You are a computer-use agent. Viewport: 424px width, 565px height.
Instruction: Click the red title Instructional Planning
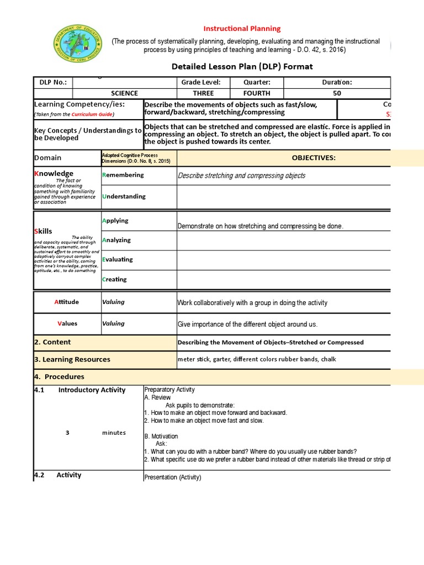(242, 29)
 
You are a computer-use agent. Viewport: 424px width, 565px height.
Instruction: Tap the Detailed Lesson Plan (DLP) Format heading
(242, 67)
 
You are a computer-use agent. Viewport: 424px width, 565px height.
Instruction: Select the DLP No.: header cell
(53, 82)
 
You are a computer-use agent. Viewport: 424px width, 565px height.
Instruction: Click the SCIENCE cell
(124, 93)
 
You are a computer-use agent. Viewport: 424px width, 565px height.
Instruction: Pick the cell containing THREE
(203, 93)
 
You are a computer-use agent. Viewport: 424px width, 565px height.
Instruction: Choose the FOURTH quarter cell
(256, 93)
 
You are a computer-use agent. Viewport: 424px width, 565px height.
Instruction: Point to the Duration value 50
(337, 93)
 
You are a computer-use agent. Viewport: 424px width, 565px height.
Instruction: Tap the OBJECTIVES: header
(314, 158)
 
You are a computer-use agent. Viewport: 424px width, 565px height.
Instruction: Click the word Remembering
(123, 175)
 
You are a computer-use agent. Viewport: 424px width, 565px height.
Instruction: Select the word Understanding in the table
(124, 196)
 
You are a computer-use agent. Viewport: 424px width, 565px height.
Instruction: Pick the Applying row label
(115, 221)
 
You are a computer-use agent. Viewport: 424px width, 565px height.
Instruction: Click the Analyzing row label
(116, 240)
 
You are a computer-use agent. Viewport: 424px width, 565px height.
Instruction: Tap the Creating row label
(115, 279)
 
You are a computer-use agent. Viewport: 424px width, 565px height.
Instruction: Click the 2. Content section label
(52, 342)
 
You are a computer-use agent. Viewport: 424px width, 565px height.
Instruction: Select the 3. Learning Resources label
(72, 359)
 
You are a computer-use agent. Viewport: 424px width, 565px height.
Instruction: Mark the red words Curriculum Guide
(92, 114)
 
